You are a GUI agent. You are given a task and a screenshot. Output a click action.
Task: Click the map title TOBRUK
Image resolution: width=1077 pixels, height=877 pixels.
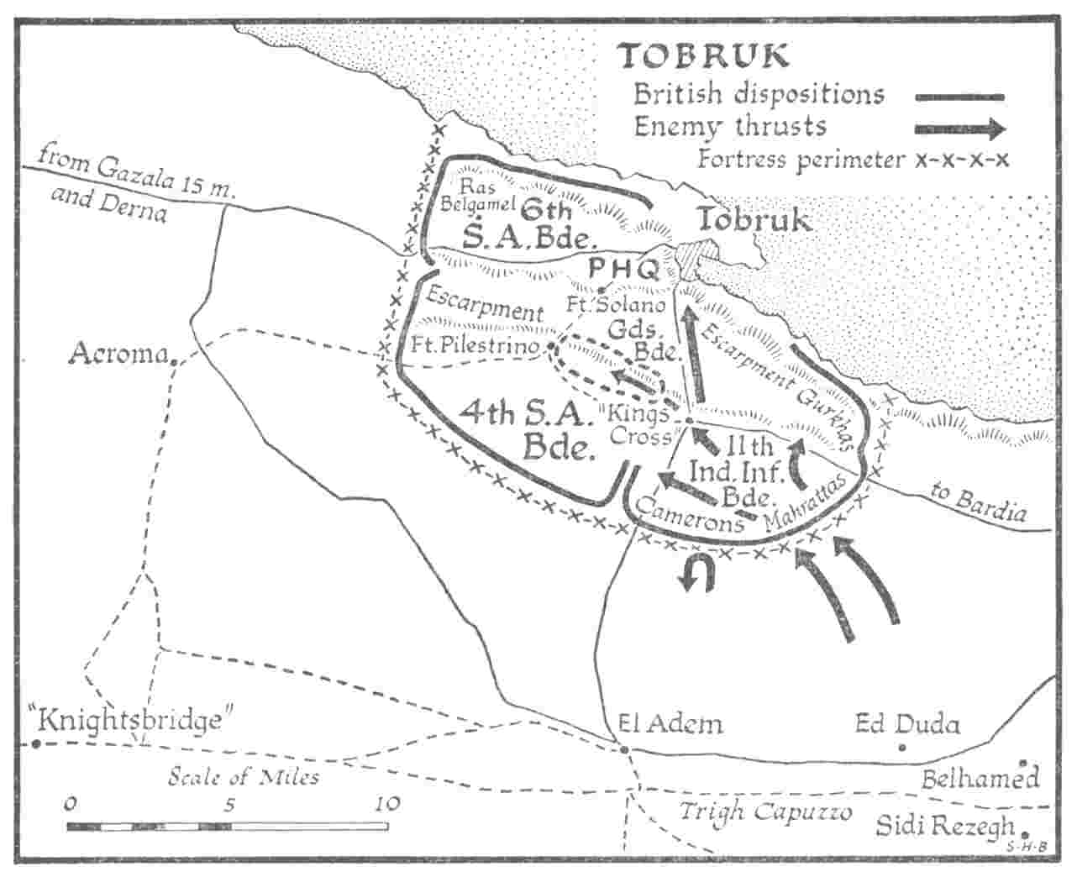pos(704,55)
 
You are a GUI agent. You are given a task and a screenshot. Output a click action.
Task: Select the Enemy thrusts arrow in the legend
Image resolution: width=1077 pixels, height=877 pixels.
pos(960,129)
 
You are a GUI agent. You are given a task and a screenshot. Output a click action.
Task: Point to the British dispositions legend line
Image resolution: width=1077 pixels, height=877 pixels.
pos(960,97)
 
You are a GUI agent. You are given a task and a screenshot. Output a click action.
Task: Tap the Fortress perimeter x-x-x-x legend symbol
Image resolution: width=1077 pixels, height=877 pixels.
pos(962,160)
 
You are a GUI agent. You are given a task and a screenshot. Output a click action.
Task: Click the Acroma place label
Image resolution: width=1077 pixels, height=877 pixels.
pos(118,354)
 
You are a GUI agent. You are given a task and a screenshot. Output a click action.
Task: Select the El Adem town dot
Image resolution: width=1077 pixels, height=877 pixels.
pos(624,748)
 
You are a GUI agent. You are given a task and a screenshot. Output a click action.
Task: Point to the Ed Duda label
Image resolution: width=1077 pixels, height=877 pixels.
pos(906,723)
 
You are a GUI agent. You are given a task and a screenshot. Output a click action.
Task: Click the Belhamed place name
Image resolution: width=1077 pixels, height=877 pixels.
pos(980,779)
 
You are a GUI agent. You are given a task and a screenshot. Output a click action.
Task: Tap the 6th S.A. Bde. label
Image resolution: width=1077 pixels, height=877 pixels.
pos(530,223)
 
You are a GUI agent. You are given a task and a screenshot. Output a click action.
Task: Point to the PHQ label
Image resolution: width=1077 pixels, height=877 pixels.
pos(623,269)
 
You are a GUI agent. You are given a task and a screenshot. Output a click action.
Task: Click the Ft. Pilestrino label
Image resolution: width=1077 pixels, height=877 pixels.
pos(475,345)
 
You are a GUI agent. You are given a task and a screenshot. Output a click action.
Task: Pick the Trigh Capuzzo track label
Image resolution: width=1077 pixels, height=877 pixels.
pos(765,812)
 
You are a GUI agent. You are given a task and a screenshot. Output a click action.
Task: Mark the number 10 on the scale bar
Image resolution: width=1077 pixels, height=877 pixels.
pos(387,803)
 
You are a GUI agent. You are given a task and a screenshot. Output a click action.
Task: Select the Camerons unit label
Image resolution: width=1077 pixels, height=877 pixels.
pos(689,514)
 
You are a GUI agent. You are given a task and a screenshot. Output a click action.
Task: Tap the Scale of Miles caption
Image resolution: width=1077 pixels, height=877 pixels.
pos(244,776)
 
